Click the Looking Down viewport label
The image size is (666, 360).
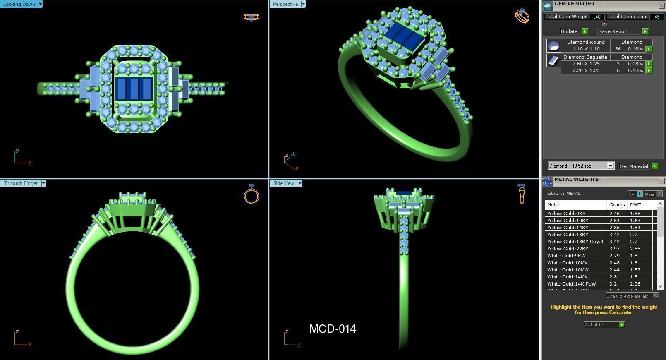(19, 4)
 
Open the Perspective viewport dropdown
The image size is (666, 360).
(303, 4)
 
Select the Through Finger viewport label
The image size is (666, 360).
(21, 183)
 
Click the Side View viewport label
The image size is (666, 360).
(283, 183)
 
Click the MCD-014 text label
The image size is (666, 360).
(333, 329)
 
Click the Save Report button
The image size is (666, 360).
(613, 31)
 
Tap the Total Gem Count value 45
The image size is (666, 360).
(656, 17)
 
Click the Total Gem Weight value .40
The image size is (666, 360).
(597, 17)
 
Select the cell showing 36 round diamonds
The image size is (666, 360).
(618, 49)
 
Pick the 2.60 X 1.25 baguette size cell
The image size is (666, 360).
(586, 64)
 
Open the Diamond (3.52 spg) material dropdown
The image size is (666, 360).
(610, 166)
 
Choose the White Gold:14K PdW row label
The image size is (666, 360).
(571, 284)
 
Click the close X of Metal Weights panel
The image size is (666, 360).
(661, 181)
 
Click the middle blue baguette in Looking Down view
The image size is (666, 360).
(133, 89)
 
